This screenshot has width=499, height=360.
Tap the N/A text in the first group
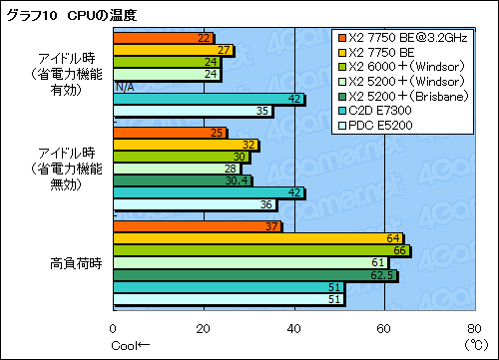(x=125, y=87)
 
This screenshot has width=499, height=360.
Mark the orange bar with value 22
(x=164, y=38)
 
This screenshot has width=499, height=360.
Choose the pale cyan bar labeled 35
(x=193, y=110)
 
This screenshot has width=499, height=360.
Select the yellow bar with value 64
(x=258, y=238)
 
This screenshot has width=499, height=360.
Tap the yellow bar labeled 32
(x=187, y=145)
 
